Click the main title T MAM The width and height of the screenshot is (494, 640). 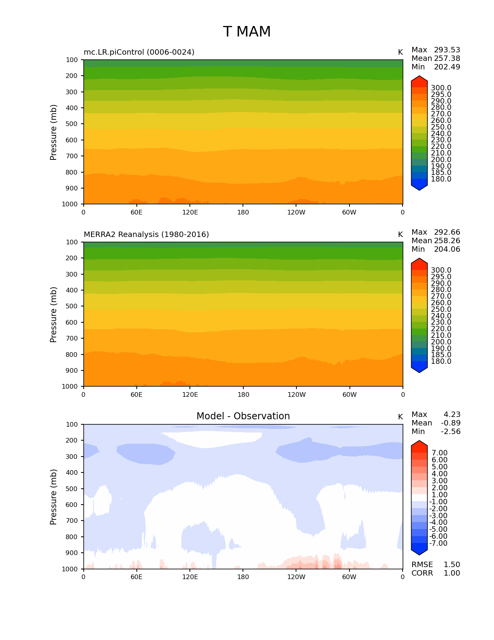pyautogui.click(x=247, y=32)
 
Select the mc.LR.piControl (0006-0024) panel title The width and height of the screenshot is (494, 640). pyautogui.click(x=139, y=52)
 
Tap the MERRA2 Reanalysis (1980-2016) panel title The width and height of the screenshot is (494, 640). pyautogui.click(x=146, y=234)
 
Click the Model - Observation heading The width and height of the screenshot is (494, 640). pyautogui.click(x=243, y=416)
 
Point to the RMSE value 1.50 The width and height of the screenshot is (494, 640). pyautogui.click(x=452, y=564)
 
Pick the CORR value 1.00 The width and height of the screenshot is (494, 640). pyautogui.click(x=452, y=573)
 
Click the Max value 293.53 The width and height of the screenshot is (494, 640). pyautogui.click(x=447, y=50)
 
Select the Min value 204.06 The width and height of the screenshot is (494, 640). pyautogui.click(x=447, y=249)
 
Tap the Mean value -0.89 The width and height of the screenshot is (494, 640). pyautogui.click(x=451, y=423)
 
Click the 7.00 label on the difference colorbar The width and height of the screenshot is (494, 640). pyautogui.click(x=440, y=453)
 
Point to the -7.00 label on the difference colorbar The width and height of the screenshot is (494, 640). pyautogui.click(x=439, y=543)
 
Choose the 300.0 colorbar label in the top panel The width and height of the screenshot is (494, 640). pyautogui.click(x=441, y=88)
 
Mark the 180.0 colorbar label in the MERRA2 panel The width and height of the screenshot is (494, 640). pyautogui.click(x=441, y=361)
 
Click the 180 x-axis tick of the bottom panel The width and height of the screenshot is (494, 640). pyautogui.click(x=243, y=577)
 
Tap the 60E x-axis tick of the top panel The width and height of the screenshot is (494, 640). pyautogui.click(x=136, y=212)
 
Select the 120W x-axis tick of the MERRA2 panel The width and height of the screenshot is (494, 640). pyautogui.click(x=296, y=394)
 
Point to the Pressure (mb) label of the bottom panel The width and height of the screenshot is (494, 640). pyautogui.click(x=53, y=496)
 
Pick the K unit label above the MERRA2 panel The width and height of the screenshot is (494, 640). pyautogui.click(x=400, y=234)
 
